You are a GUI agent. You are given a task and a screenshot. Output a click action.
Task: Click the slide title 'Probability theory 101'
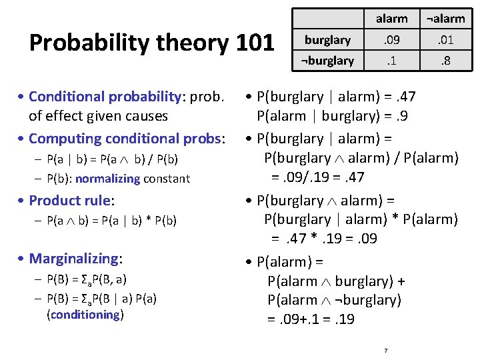[152, 43]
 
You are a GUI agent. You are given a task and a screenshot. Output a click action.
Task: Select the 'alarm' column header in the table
[391, 19]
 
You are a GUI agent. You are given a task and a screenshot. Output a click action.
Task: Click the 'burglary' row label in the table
[327, 40]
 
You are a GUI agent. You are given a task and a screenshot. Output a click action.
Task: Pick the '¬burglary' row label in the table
[327, 61]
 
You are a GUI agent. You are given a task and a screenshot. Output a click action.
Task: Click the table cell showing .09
[391, 40]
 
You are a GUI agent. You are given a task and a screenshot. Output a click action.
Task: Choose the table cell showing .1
[391, 61]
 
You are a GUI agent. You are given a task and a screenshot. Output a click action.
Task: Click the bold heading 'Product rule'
[71, 201]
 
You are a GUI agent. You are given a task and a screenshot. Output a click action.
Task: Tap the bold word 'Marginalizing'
[75, 258]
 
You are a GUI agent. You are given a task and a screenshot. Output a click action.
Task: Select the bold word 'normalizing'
[111, 179]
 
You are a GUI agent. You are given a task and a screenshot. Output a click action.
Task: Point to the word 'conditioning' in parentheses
[85, 315]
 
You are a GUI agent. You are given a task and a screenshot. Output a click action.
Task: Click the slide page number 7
[386, 351]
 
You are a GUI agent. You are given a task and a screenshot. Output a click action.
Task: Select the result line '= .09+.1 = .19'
[311, 319]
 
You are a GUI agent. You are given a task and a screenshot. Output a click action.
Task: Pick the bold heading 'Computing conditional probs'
[126, 139]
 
